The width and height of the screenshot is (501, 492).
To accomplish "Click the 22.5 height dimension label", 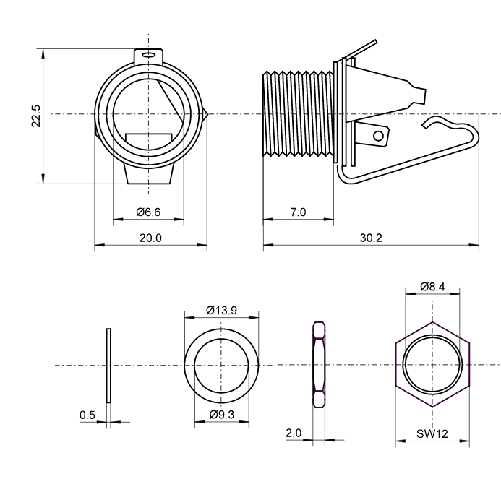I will [x=35, y=116].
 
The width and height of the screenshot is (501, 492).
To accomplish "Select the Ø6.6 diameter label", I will [x=147, y=212].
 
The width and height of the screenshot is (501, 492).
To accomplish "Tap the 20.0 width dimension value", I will [x=150, y=238].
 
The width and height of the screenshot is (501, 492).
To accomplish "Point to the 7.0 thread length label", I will [x=298, y=212].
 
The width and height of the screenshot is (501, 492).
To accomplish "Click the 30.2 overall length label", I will [x=370, y=238].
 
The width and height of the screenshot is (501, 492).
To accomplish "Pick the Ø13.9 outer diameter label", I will [x=221, y=311].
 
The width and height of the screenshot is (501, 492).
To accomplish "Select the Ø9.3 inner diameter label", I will [x=221, y=415].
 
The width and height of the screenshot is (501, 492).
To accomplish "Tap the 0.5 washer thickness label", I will [x=87, y=415].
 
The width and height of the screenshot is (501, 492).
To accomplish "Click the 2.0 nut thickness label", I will [x=294, y=433].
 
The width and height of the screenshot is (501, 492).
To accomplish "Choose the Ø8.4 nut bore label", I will [x=432, y=287].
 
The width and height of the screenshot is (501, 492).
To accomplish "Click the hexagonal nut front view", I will [x=432, y=365].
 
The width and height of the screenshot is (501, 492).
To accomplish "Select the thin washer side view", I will [x=108, y=365].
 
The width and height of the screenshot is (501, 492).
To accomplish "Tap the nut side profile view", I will [x=317, y=365].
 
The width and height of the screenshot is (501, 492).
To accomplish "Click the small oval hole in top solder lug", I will [x=149, y=54].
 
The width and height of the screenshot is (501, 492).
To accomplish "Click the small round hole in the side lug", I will [x=377, y=134].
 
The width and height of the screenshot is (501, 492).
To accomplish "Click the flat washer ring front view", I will [x=221, y=365].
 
